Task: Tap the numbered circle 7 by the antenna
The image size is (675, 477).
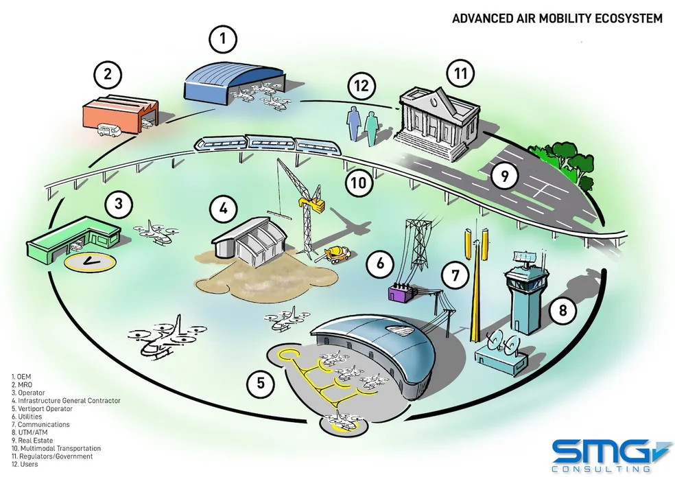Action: click(453, 275)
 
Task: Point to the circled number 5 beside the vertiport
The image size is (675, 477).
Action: click(260, 382)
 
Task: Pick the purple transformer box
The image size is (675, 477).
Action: click(399, 293)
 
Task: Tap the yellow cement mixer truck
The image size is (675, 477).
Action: click(337, 254)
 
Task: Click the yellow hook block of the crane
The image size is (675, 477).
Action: click(314, 205)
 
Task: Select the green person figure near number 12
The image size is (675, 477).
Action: click(371, 126)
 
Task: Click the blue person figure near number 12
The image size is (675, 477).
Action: click(353, 125)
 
